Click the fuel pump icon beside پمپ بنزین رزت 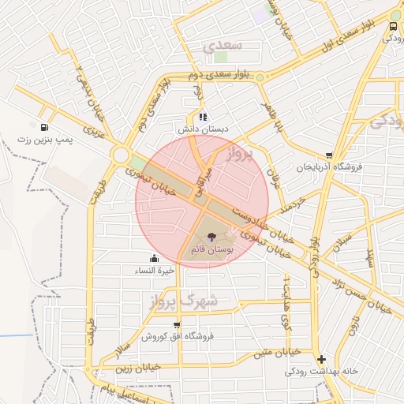pos(43,126)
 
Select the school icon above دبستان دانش pos(202,117)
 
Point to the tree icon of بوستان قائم pos(211,236)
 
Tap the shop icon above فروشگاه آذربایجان pos(328,155)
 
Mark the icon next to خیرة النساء pos(153,258)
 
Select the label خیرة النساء pos(149,270)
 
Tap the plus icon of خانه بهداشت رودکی pos(320,359)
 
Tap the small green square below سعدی pos(220,57)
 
